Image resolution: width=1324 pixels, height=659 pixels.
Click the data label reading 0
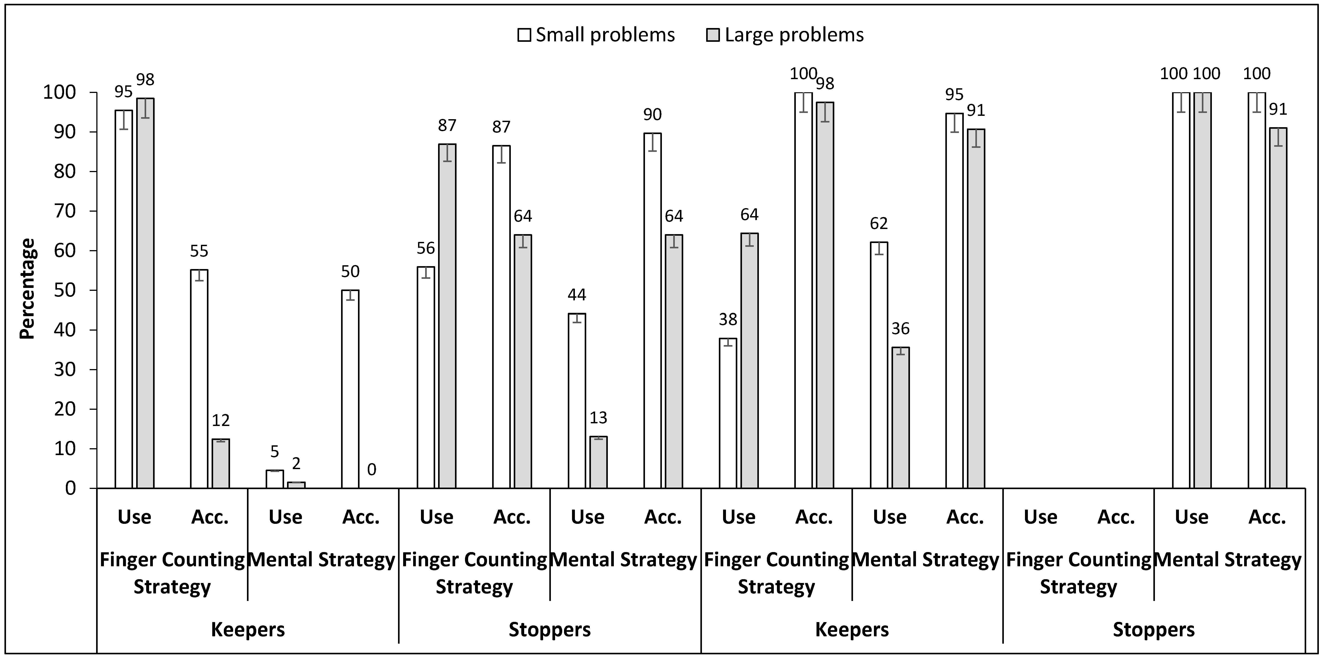(372, 470)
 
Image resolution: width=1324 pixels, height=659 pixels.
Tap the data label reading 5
(275, 452)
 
